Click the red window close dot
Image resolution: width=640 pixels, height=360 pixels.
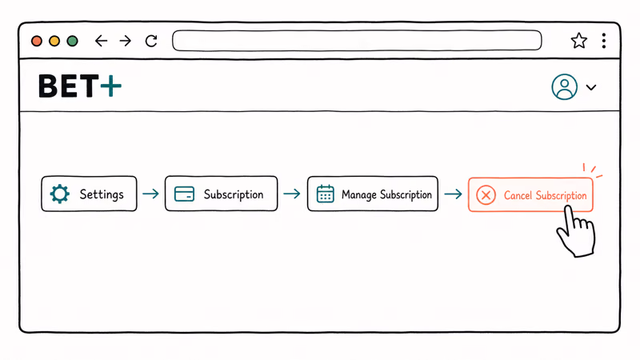coord(37,41)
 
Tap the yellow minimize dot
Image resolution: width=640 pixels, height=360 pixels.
coord(54,41)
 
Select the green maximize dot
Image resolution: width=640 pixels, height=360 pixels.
coord(72,41)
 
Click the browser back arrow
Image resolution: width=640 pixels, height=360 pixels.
coord(101,41)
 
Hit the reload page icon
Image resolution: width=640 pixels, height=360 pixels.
coord(151,41)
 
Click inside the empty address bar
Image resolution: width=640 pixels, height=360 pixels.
coord(357,41)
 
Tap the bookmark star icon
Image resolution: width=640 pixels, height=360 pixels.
coord(578,41)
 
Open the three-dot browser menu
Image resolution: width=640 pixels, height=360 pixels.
coord(604,41)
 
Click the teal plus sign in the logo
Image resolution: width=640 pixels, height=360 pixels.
coord(111,86)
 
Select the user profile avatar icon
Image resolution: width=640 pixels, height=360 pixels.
coord(565,86)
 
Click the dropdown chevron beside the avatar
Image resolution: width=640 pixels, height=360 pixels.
coord(591,87)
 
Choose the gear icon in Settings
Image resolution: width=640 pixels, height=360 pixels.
coord(59,194)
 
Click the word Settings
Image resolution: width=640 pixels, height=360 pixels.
coord(102,194)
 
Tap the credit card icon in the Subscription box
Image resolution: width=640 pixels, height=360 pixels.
coord(184,194)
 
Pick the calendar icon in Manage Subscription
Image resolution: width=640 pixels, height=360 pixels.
coord(326,194)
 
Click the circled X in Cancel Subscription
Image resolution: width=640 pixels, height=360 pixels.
coord(486,195)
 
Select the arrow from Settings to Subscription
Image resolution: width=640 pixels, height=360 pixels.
coord(150,194)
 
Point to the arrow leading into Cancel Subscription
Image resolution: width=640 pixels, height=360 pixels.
coord(453,194)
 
